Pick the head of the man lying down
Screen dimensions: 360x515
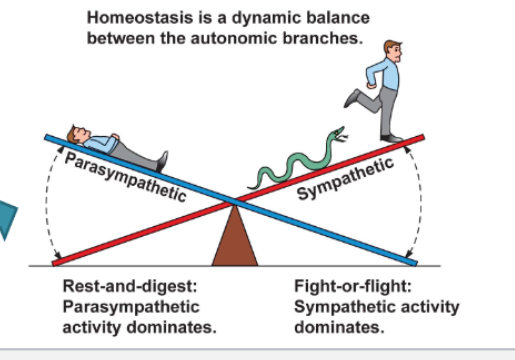click(76, 131)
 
